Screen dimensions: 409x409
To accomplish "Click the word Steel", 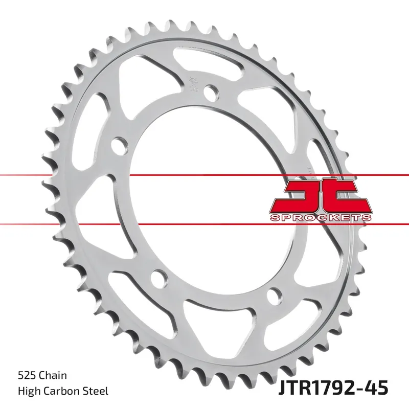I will tap(96, 391).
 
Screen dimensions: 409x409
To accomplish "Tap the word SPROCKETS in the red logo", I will tap(320, 217).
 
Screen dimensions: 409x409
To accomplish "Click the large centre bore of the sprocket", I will tap(204, 199).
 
